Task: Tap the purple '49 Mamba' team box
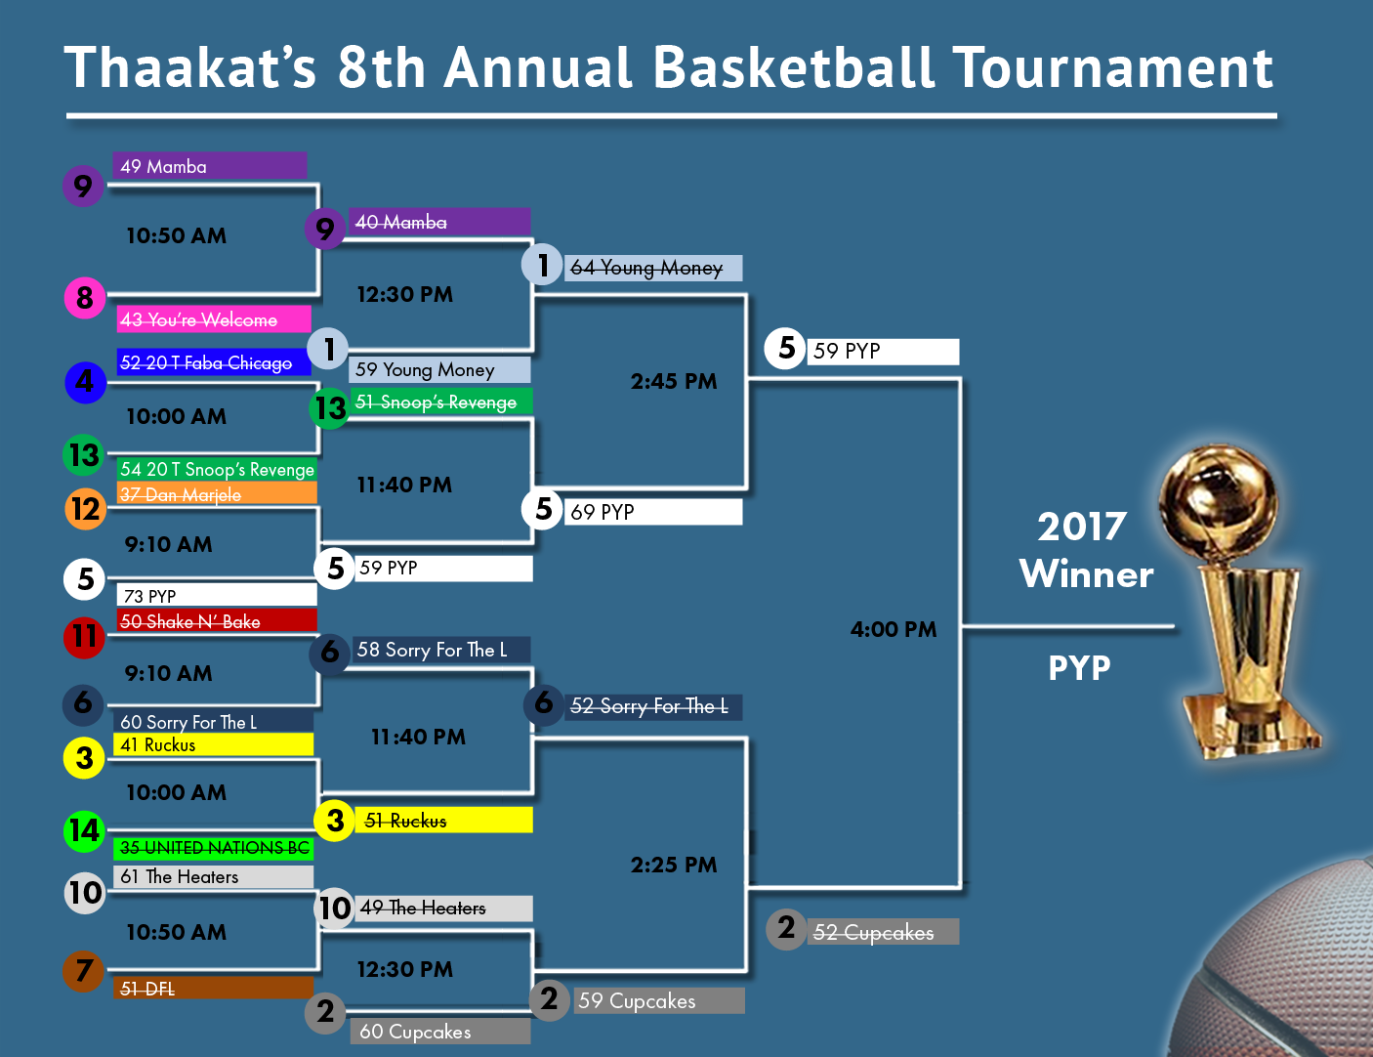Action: click(x=210, y=165)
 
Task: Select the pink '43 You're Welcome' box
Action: click(x=214, y=319)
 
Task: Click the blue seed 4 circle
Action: click(x=85, y=382)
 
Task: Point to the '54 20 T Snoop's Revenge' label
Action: click(x=217, y=469)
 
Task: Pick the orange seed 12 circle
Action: click(x=85, y=509)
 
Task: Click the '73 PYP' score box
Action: click(x=217, y=595)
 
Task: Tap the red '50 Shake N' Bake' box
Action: click(x=217, y=620)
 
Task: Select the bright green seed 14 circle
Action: click(x=85, y=830)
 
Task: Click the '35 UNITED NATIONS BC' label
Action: click(x=214, y=848)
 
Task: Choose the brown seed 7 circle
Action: click(x=83, y=971)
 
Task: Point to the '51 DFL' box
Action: click(x=214, y=989)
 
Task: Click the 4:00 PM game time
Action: click(x=893, y=629)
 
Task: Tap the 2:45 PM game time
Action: click(x=674, y=382)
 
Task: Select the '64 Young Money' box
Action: click(x=653, y=268)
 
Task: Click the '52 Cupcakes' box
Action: click(x=883, y=932)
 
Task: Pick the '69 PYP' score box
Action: click(x=653, y=512)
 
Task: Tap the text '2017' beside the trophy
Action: click(x=1082, y=527)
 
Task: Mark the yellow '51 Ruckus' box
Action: click(x=443, y=820)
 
